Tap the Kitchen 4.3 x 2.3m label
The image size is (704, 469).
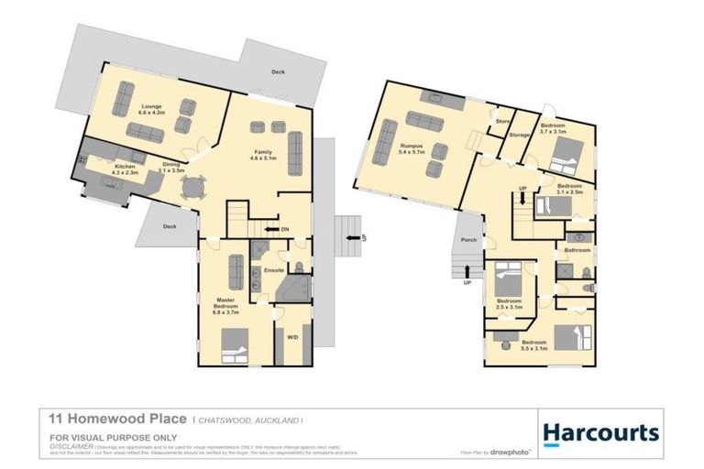(x=124, y=169)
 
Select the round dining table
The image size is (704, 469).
(x=193, y=187)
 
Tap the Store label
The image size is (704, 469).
(x=501, y=121)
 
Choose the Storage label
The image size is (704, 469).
(x=519, y=136)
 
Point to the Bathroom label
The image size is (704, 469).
(x=577, y=249)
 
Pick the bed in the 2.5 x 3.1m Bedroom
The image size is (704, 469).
(x=507, y=276)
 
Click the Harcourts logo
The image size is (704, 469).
(x=600, y=431)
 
